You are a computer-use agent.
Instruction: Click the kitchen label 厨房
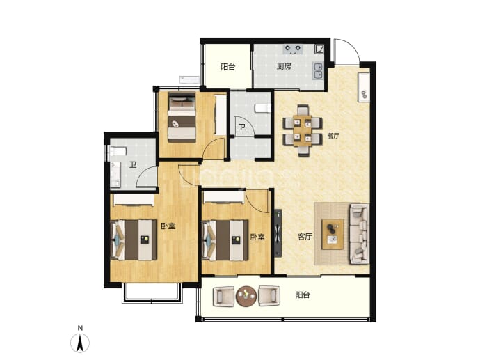click(x=284, y=66)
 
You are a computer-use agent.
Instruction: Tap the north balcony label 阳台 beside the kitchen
click(x=228, y=66)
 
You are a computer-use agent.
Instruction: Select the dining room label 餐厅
click(x=333, y=135)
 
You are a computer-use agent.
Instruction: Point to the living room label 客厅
click(x=305, y=236)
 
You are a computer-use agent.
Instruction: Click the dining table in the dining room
click(x=302, y=130)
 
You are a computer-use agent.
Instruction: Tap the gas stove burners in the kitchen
click(x=293, y=49)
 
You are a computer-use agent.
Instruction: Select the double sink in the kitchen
click(x=318, y=71)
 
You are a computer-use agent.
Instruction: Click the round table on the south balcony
click(x=246, y=296)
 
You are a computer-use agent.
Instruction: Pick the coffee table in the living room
click(x=333, y=234)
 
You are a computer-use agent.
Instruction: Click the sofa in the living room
click(x=359, y=233)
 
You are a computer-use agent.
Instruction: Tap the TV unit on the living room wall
click(x=278, y=233)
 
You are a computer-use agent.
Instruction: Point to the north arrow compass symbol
click(x=80, y=343)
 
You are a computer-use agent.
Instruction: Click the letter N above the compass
click(x=80, y=328)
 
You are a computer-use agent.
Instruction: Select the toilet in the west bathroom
click(x=118, y=151)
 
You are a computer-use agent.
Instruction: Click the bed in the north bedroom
click(x=182, y=118)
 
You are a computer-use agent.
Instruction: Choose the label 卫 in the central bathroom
click(x=242, y=127)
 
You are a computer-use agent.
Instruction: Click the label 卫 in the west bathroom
click(x=133, y=166)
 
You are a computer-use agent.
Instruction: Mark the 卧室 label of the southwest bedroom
click(x=168, y=226)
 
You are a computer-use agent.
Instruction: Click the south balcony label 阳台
click(x=303, y=295)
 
